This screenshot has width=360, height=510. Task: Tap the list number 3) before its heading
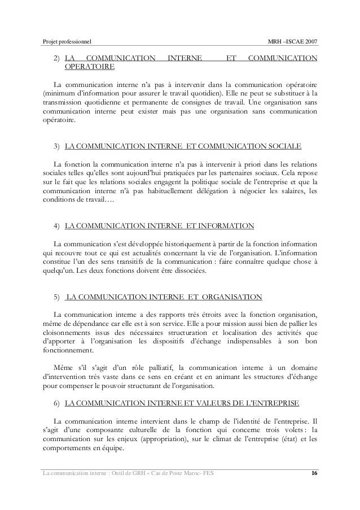[56, 147]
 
